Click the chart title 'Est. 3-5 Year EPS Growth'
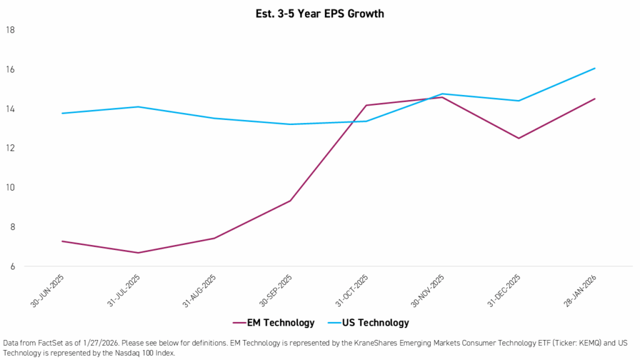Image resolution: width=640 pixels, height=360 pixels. point(319,13)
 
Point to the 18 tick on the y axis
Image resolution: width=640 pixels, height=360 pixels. point(11,30)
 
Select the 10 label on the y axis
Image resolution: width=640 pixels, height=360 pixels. point(11,187)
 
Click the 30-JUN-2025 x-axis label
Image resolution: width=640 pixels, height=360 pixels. point(47,291)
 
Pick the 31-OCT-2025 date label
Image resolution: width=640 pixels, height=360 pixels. point(351,291)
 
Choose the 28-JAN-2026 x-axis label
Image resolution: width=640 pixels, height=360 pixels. point(579,291)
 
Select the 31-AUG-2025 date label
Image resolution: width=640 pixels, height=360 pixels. point(199,291)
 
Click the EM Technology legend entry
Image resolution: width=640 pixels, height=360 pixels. point(273,322)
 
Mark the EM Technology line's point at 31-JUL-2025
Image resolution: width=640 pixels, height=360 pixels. point(138,252)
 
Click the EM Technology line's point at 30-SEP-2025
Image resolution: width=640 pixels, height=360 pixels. point(290,201)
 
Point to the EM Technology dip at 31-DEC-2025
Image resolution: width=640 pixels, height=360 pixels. point(519,138)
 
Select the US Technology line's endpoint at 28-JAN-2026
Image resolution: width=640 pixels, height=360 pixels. point(594,68)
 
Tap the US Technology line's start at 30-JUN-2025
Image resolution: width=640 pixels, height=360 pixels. point(62,113)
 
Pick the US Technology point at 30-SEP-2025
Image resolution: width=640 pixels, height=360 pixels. point(290,124)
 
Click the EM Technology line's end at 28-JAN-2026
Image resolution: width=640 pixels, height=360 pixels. point(594,99)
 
